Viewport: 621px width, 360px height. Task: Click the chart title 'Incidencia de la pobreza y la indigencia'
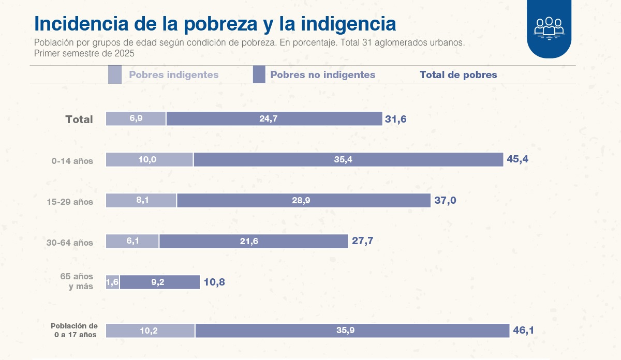pos(215,24)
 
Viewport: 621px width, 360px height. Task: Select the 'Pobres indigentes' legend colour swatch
pos(115,74)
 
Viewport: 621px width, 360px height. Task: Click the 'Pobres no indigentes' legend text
pos(322,74)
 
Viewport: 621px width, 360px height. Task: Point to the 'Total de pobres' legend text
pos(458,74)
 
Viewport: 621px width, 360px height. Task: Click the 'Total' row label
pos(79,119)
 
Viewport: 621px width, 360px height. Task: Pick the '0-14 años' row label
pos(72,161)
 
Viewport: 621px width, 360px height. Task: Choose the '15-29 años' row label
pos(70,202)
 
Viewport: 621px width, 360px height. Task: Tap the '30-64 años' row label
pos(70,243)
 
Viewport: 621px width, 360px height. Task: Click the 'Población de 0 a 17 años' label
pos(75,331)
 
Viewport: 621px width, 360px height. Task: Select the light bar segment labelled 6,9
pos(136,118)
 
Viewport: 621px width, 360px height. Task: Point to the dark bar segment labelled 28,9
pos(304,200)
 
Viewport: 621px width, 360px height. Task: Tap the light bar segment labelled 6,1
pos(132,241)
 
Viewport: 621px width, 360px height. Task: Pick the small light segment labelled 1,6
pos(113,282)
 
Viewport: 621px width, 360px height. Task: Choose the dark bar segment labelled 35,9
pos(352,331)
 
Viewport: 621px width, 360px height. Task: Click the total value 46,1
pos(523,330)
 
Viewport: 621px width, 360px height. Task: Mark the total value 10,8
pos(214,282)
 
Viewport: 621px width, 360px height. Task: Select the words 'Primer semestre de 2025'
pos(84,53)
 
